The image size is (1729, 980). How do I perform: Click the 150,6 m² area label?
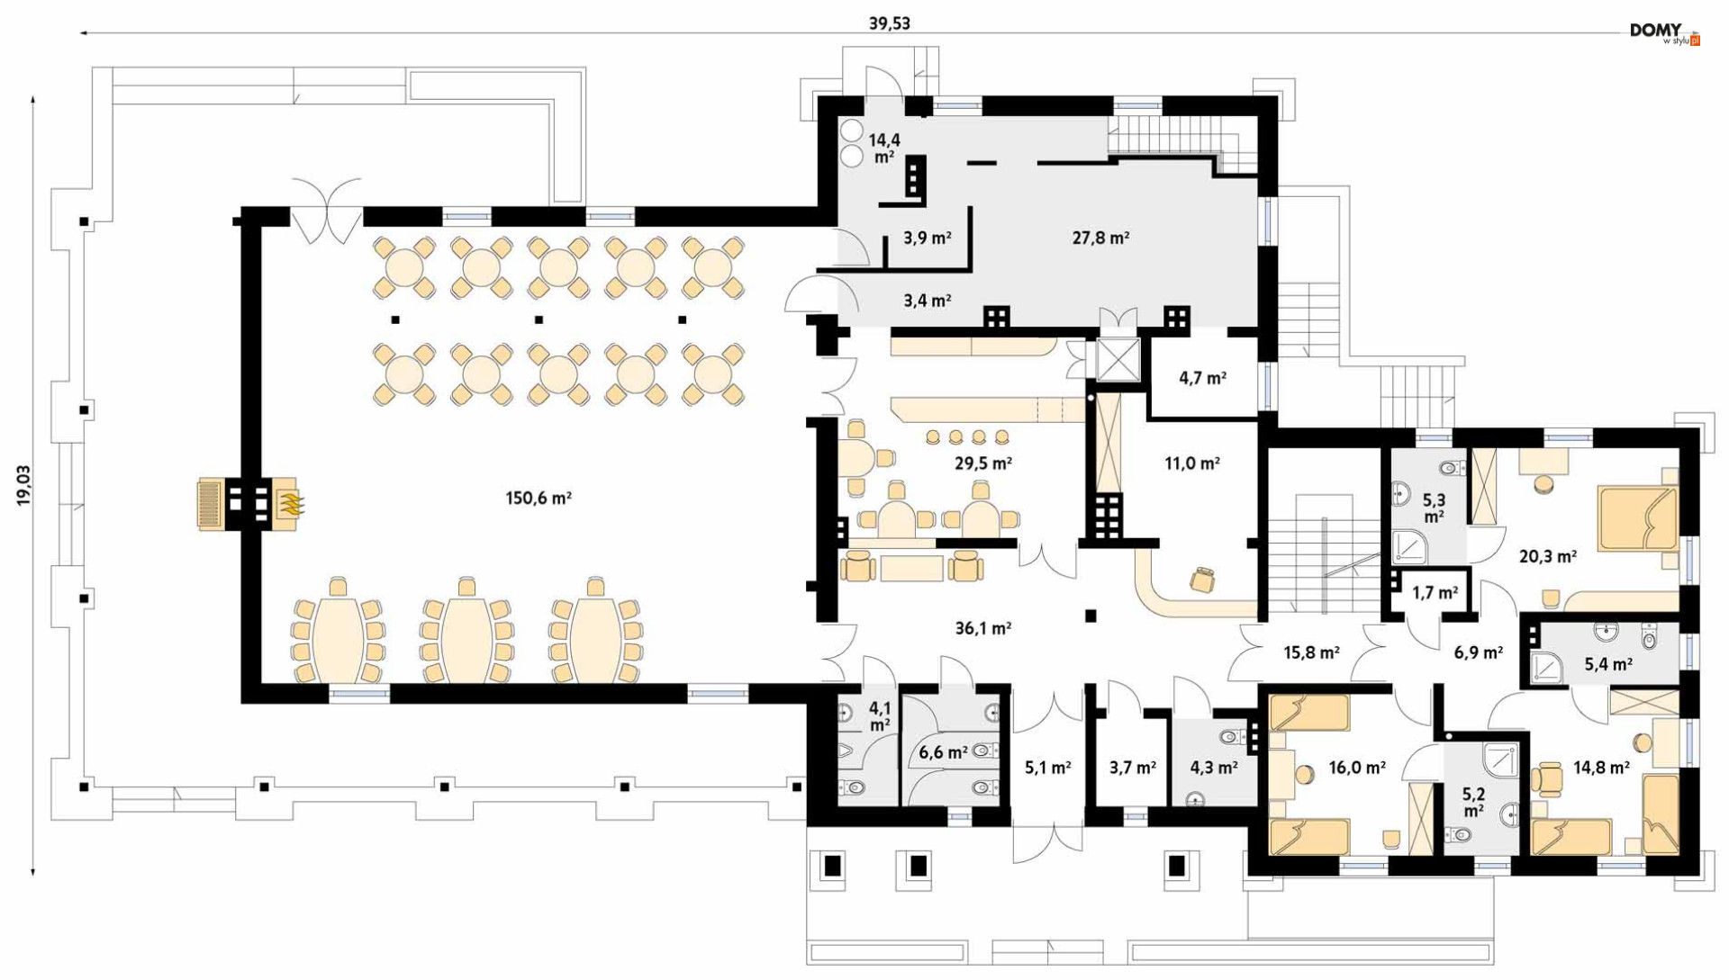click(x=539, y=498)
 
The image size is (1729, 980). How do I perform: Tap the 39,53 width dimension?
click(x=889, y=23)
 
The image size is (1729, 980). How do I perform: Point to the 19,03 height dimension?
click(x=23, y=485)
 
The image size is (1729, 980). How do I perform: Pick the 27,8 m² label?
click(x=1100, y=238)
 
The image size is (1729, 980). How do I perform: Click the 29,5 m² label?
click(x=982, y=463)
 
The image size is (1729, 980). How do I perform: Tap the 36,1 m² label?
click(x=982, y=628)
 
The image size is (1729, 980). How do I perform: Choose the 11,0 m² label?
click(x=1191, y=463)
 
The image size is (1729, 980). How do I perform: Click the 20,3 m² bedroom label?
click(x=1547, y=556)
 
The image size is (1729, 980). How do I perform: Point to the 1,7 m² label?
click(x=1435, y=593)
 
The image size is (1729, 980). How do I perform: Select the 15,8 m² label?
click(x=1310, y=652)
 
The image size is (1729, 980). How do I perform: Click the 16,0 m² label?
click(x=1356, y=768)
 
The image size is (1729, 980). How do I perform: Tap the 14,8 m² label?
click(x=1601, y=768)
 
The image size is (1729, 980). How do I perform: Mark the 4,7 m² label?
click(x=1202, y=378)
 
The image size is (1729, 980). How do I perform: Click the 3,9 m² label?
click(x=927, y=238)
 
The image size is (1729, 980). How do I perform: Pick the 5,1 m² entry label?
click(x=1047, y=768)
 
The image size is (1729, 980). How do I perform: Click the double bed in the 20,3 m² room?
click(x=1638, y=517)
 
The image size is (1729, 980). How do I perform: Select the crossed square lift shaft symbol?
click(x=1118, y=361)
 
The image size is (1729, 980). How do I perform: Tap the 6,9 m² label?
click(x=1478, y=652)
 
